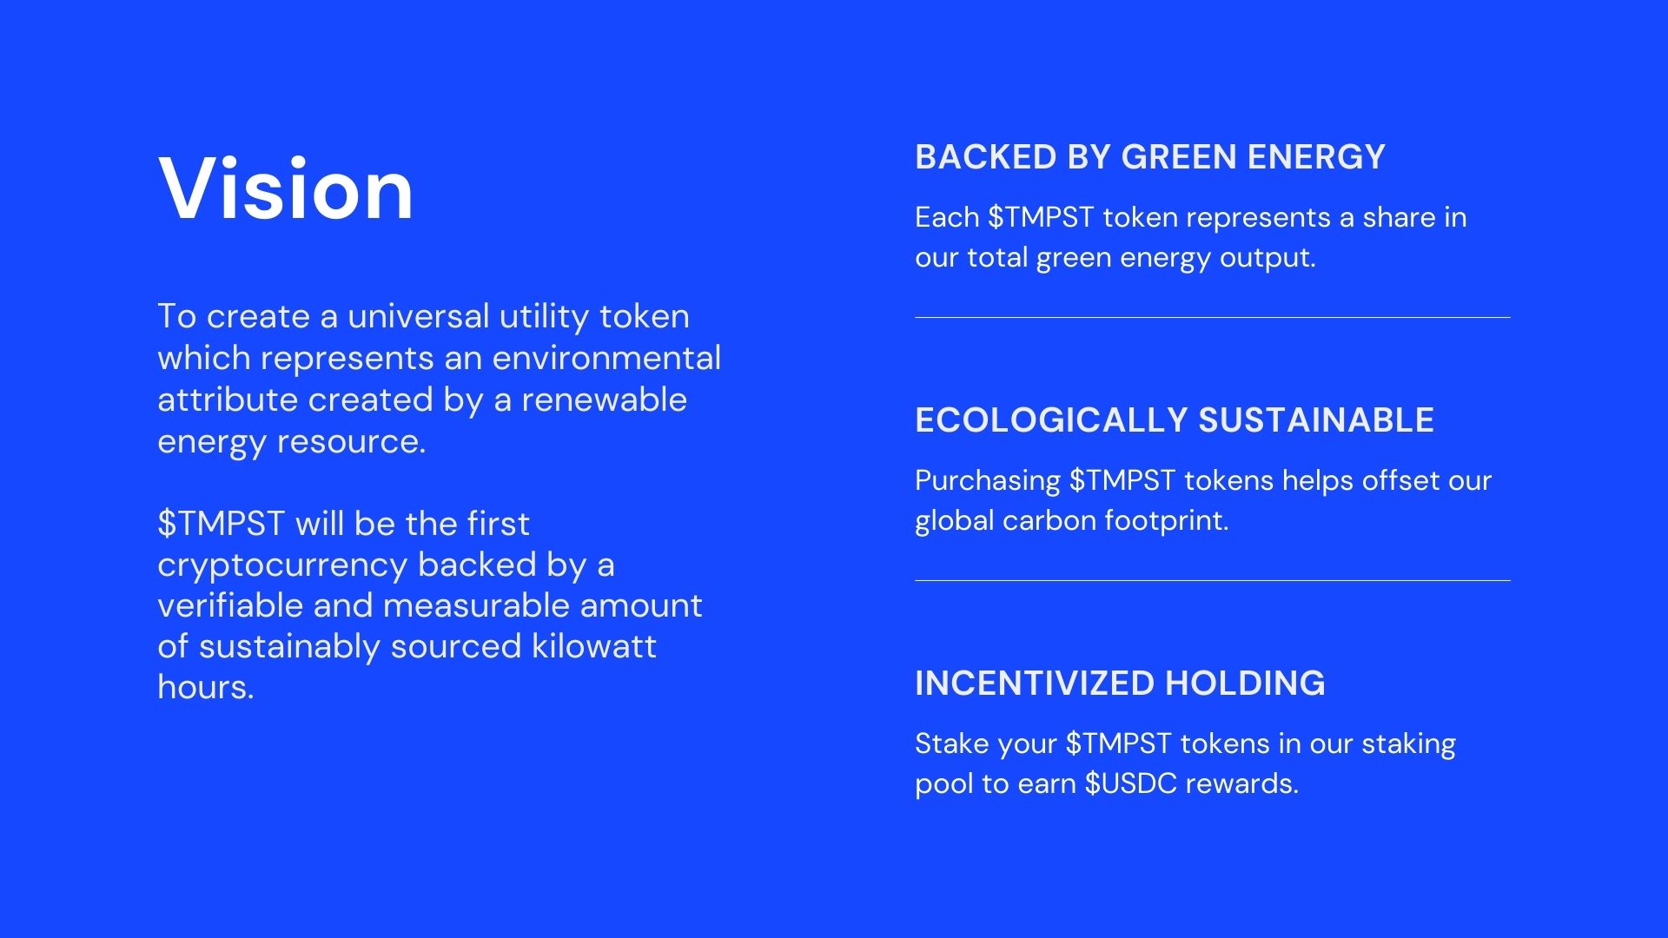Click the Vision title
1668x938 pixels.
click(286, 188)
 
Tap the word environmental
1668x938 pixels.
click(606, 358)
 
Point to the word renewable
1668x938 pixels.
click(604, 400)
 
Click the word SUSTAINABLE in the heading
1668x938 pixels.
click(1316, 420)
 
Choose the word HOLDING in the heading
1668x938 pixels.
click(1245, 684)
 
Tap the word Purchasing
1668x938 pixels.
click(988, 481)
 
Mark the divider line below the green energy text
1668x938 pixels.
click(1212, 317)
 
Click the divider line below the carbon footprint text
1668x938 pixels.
click(1212, 580)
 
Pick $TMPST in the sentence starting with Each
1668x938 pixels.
click(1041, 217)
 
